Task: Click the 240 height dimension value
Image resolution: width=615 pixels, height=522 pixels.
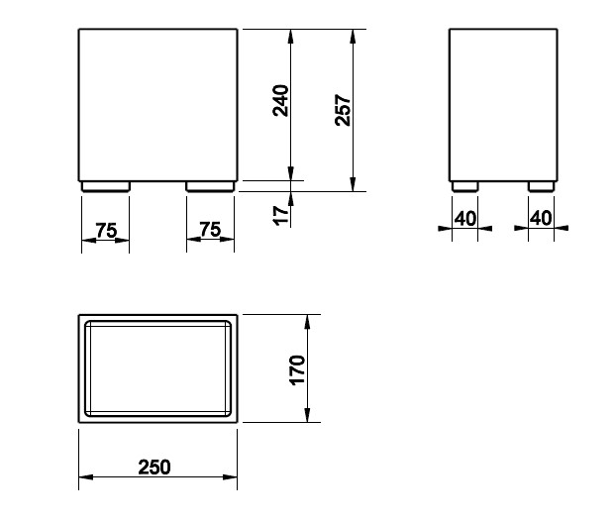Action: coord(280,101)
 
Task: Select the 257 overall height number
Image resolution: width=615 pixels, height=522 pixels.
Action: coord(343,110)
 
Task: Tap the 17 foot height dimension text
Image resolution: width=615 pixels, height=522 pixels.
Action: coord(281,215)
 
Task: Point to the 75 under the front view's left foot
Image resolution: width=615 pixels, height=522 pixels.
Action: coord(106,230)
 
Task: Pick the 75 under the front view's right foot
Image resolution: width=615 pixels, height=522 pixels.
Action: coord(210,230)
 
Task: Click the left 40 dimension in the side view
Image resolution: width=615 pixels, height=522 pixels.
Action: coord(465,219)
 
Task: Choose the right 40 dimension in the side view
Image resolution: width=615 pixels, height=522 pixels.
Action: coord(541,218)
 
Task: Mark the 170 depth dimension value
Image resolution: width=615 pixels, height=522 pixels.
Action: coord(297,370)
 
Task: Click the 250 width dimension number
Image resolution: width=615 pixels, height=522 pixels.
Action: coord(154,468)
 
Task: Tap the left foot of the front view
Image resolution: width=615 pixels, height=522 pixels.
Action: coord(106,186)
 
